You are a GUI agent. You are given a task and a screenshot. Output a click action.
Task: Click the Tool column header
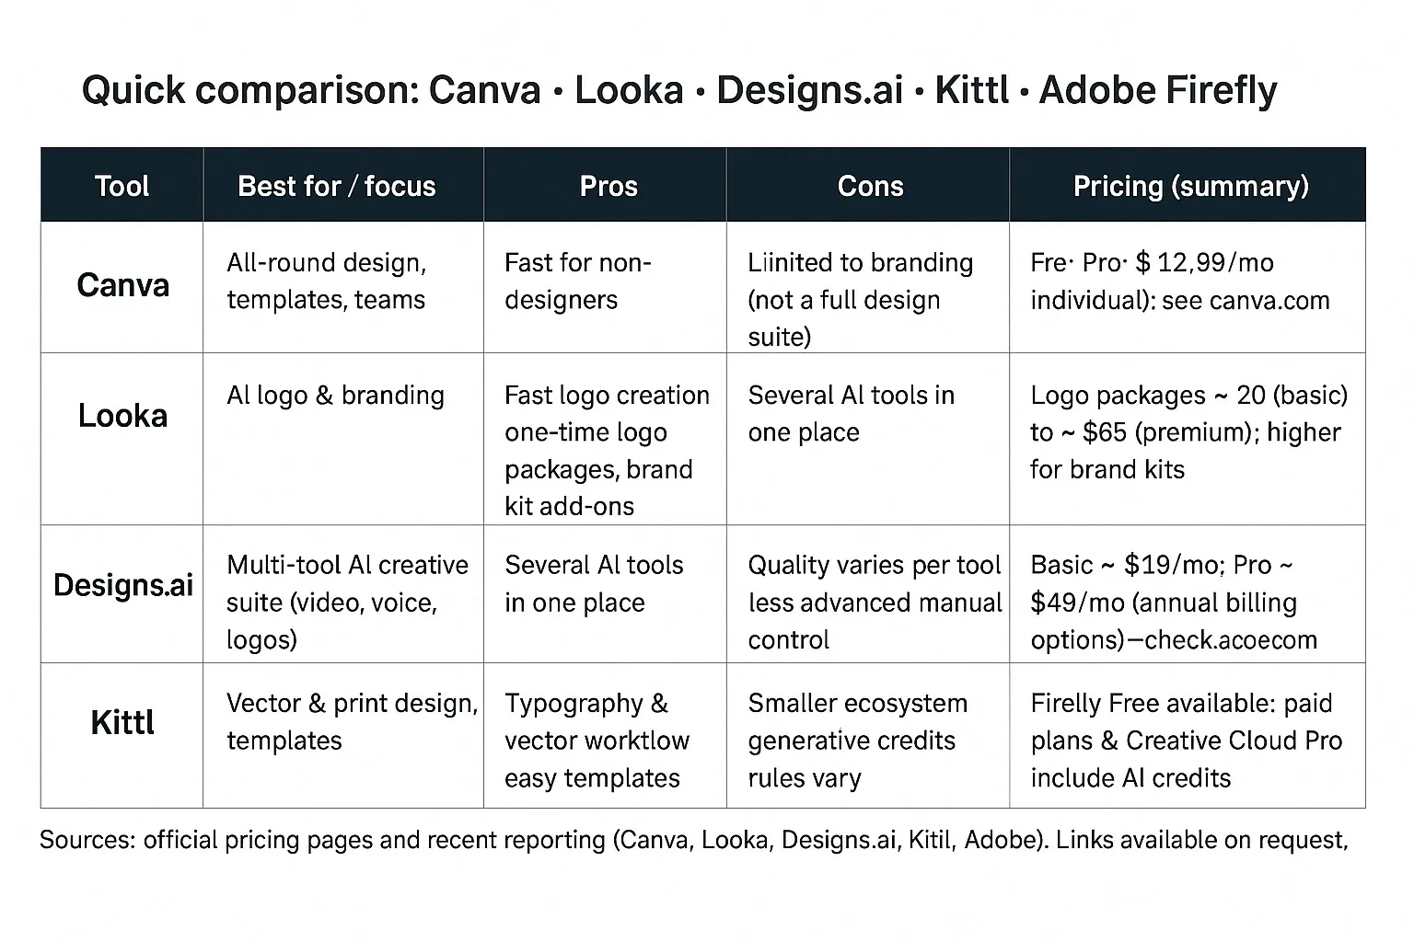pos(122,186)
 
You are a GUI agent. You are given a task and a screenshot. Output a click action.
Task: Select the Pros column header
pos(608,186)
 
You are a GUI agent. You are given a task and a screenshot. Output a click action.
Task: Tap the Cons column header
pos(870,186)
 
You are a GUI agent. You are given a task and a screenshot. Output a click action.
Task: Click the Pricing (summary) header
pos(1190,186)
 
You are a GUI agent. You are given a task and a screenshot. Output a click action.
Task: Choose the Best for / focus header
pos(336,186)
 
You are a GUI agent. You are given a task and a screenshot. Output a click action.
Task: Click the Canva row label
pos(122,285)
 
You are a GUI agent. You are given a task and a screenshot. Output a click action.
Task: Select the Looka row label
pos(122,416)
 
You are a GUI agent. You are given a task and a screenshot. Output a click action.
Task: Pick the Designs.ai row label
pos(122,585)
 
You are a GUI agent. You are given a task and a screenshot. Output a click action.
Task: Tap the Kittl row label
pos(122,723)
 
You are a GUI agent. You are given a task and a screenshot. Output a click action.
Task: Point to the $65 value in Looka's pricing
pos(1105,432)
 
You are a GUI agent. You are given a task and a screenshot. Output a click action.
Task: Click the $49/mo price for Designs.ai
pos(1077,603)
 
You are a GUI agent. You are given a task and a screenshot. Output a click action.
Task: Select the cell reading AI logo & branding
pos(335,396)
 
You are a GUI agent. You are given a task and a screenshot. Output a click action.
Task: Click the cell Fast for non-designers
pos(577,281)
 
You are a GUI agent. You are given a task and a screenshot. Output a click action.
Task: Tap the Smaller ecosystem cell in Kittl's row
pos(857,704)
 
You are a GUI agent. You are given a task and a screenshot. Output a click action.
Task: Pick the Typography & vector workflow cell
pos(597,722)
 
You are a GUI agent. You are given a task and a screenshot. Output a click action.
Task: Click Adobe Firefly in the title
pos(1157,90)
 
